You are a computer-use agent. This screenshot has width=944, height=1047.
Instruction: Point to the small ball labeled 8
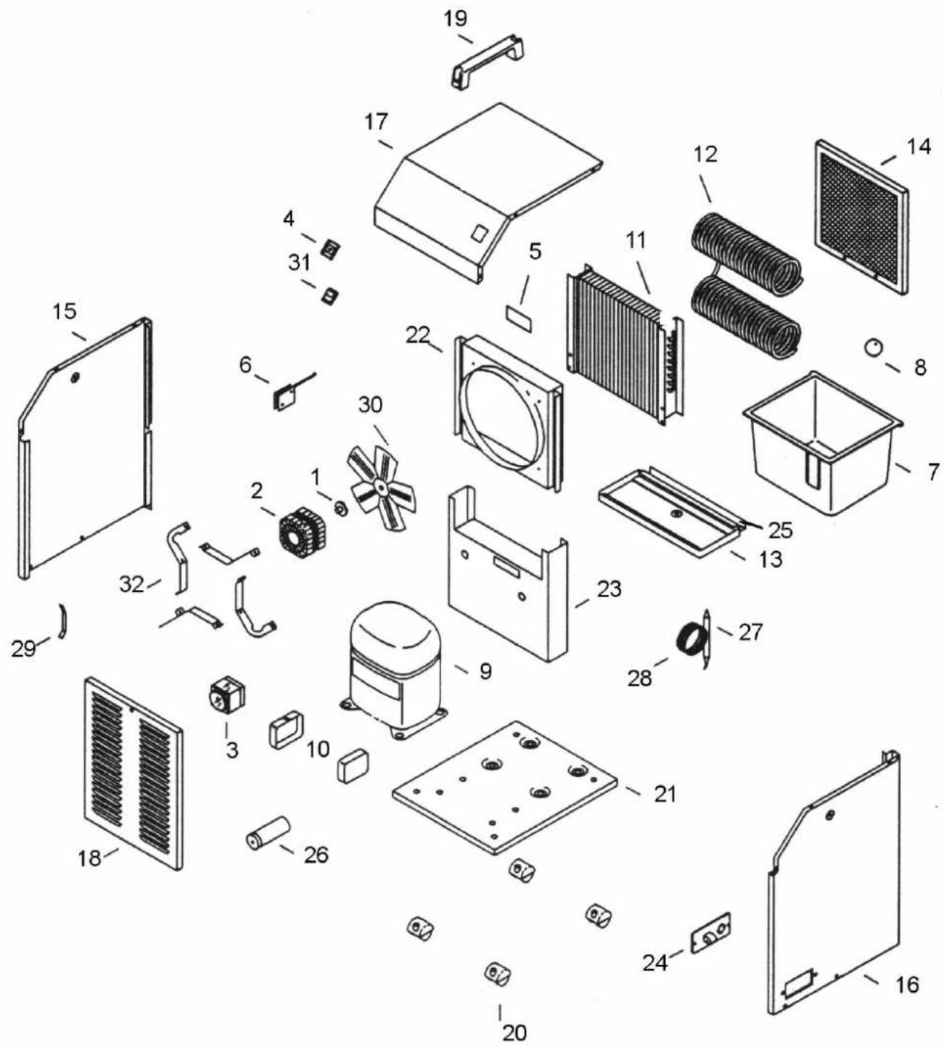coord(873,347)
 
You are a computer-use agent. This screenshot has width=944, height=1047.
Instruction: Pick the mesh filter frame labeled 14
coord(861,215)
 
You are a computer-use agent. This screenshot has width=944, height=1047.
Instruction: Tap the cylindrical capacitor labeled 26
coord(268,834)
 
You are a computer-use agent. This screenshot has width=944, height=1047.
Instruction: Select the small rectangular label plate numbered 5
coord(519,319)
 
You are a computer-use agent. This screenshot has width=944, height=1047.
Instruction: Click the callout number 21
coord(665,795)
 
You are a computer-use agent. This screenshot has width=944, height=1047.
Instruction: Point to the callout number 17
coord(376,122)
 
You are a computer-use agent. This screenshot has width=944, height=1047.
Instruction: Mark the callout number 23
coord(610,589)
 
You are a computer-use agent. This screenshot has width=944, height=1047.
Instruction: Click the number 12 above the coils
coord(705,155)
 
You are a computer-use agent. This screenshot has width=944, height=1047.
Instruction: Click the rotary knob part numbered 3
coord(226,697)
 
